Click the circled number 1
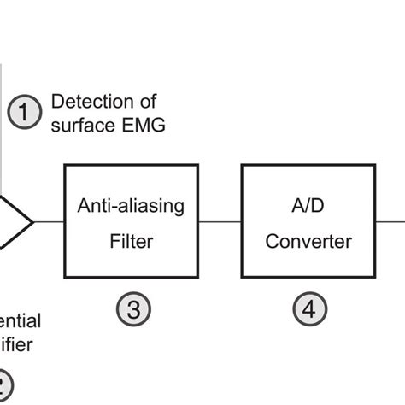(x=25, y=111)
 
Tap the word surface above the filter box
(x=84, y=126)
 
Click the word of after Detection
(x=148, y=103)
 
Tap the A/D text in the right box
(x=308, y=206)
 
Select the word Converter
(x=308, y=241)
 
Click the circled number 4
(x=310, y=310)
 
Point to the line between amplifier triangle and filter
(x=49, y=221)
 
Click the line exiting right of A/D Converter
(x=390, y=221)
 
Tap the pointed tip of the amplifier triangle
(x=32, y=221)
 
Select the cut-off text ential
(x=20, y=322)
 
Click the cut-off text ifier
(x=17, y=346)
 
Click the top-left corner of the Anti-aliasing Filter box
(x=66, y=166)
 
